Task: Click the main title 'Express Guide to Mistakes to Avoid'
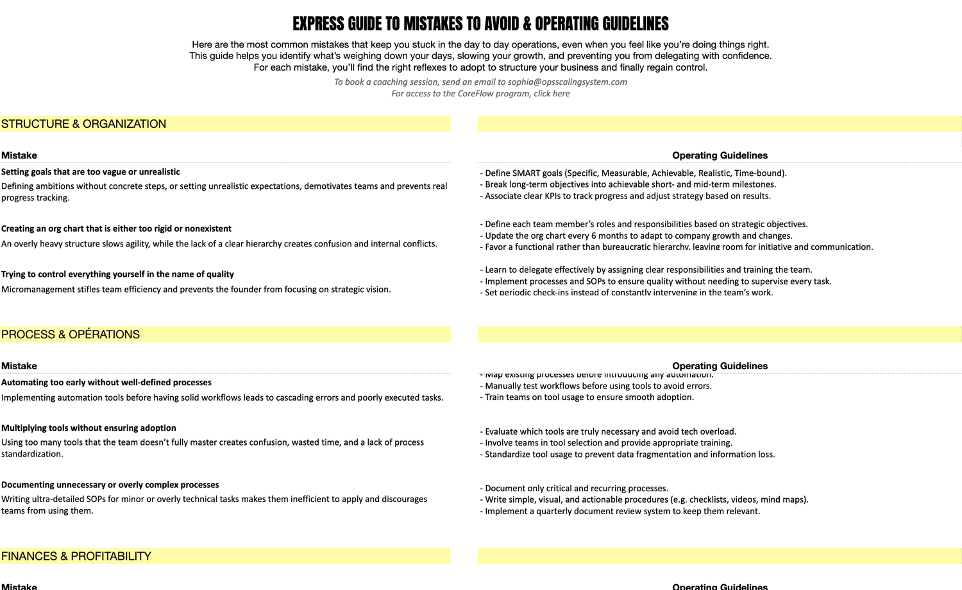480,24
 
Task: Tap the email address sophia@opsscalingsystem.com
567,82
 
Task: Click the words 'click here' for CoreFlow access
552,94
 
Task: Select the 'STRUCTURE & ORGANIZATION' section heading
83,124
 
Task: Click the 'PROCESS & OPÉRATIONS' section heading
71,334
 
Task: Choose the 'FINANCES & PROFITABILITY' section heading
76,556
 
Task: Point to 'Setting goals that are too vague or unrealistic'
90,172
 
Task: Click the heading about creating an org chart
116,229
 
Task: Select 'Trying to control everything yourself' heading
117,274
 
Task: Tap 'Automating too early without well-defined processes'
106,383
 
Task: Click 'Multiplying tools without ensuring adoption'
89,428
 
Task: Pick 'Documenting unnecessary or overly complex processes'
110,485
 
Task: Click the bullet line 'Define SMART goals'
633,173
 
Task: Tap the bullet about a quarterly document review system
622,512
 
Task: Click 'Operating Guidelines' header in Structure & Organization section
720,155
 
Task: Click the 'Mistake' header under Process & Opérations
19,366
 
